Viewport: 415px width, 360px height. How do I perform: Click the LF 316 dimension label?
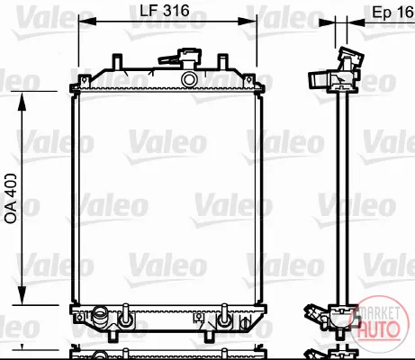165,11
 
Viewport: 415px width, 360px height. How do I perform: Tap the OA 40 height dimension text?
11,198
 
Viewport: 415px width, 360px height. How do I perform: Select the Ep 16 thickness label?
393,12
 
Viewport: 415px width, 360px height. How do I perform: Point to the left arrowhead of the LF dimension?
87,22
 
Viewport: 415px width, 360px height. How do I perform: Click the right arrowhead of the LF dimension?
248,22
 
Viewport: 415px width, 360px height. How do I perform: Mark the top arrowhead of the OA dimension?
22,102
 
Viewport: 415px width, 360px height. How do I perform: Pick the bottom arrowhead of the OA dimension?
22,295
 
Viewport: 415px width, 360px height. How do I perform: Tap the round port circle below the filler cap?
189,79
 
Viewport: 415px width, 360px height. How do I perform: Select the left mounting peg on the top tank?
117,61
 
